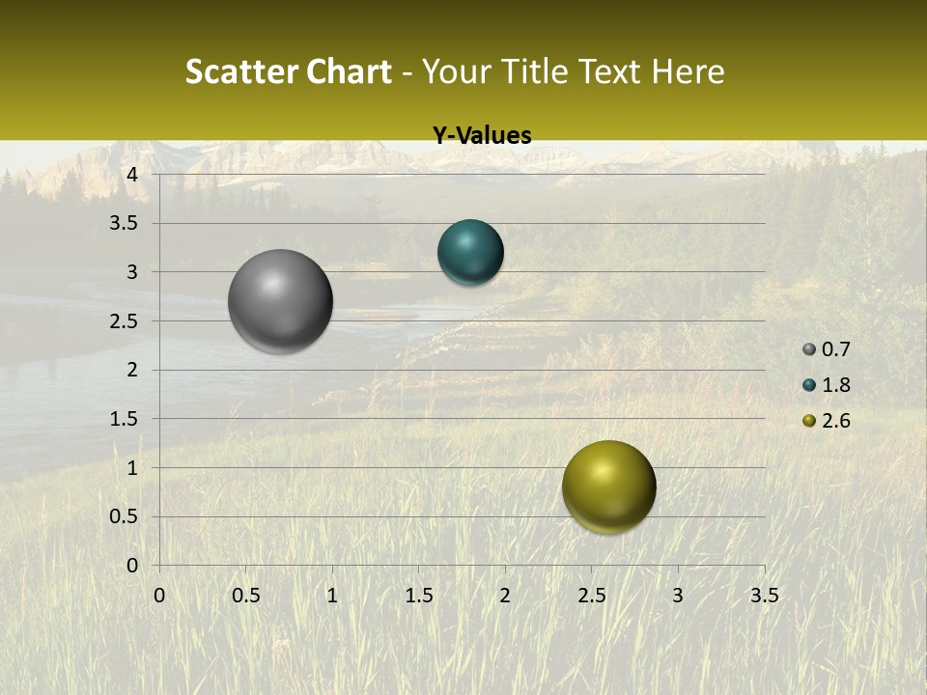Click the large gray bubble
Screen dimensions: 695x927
[x=281, y=301]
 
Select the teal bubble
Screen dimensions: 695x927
[x=470, y=253]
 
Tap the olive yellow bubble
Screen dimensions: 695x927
[x=608, y=486]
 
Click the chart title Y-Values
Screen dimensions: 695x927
[x=482, y=136]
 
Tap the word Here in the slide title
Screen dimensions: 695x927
[x=688, y=71]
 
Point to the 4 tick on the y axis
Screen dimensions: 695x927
[x=132, y=175]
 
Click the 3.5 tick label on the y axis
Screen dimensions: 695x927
[x=125, y=224]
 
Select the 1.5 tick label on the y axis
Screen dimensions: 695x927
[x=125, y=419]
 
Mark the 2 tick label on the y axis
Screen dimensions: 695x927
[x=132, y=370]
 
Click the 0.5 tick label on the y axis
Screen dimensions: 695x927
[x=125, y=516]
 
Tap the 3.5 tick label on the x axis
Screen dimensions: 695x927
[x=764, y=596]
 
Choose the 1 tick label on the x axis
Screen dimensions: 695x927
[x=332, y=596]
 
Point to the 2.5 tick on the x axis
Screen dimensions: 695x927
[x=591, y=596]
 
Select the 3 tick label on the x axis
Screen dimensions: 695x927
[x=678, y=596]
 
